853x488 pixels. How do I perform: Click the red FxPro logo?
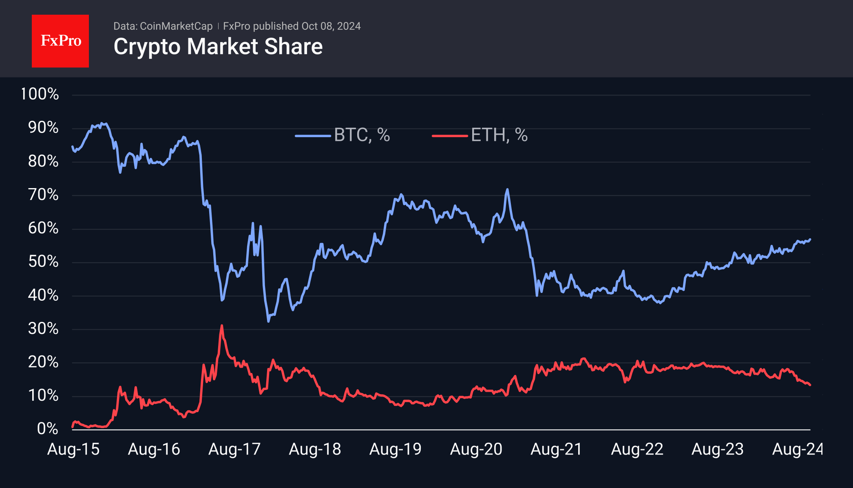[x=60, y=41]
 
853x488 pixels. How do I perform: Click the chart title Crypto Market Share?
[x=218, y=47]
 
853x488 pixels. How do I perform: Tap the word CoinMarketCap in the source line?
[x=176, y=26]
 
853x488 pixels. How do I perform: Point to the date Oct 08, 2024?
[x=331, y=26]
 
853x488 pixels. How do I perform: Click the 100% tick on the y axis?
[x=40, y=94]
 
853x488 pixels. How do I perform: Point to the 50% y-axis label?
[x=43, y=262]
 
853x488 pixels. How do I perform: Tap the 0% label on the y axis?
[x=47, y=428]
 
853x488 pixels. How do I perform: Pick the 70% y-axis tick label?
[x=43, y=195]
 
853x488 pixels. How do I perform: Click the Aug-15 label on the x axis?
[x=73, y=449]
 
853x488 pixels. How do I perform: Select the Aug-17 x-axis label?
[x=234, y=449]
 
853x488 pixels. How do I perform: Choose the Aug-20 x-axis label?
[x=476, y=449]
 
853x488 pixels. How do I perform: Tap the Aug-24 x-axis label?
[x=798, y=449]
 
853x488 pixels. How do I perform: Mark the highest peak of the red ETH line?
[x=221, y=326]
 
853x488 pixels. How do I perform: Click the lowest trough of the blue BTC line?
[x=268, y=322]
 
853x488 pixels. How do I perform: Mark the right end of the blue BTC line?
[x=810, y=240]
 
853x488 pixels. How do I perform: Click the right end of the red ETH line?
[x=810, y=385]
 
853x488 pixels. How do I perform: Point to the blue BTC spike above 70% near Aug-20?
[x=507, y=189]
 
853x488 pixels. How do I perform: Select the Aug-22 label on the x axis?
[x=637, y=449]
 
